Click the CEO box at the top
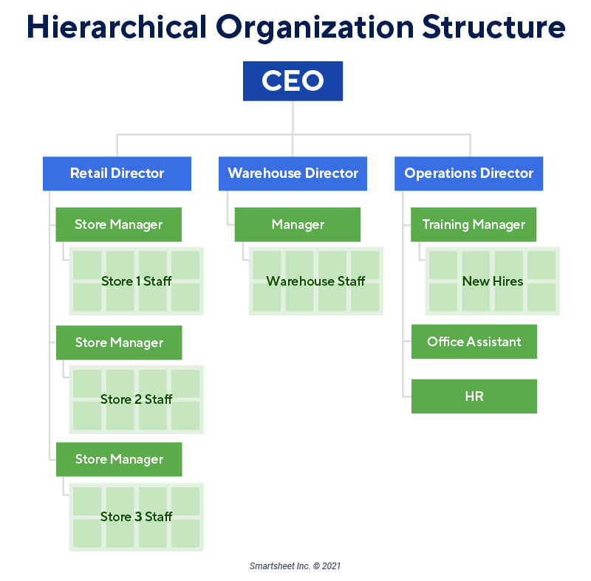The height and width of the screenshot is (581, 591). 293,81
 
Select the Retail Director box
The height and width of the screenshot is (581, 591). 117,173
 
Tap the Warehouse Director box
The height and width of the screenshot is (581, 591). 293,173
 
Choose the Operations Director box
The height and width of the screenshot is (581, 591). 468,173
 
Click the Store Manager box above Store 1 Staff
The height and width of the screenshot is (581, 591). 118,224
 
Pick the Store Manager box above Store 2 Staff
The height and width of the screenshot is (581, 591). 119,343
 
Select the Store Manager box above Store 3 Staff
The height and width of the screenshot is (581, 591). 119,459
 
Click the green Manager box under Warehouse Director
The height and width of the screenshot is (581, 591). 298,224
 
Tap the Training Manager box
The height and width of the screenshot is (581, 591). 474,224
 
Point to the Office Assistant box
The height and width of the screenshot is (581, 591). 474,342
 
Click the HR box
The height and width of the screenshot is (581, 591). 474,396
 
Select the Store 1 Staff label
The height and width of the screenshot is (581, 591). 137,281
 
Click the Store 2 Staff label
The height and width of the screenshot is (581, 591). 137,399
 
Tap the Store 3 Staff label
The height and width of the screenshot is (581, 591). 137,517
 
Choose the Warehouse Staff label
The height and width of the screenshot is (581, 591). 315,281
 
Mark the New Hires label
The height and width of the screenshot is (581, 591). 492,281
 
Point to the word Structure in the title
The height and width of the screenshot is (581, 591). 493,27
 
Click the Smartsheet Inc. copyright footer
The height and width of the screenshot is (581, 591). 295,566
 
